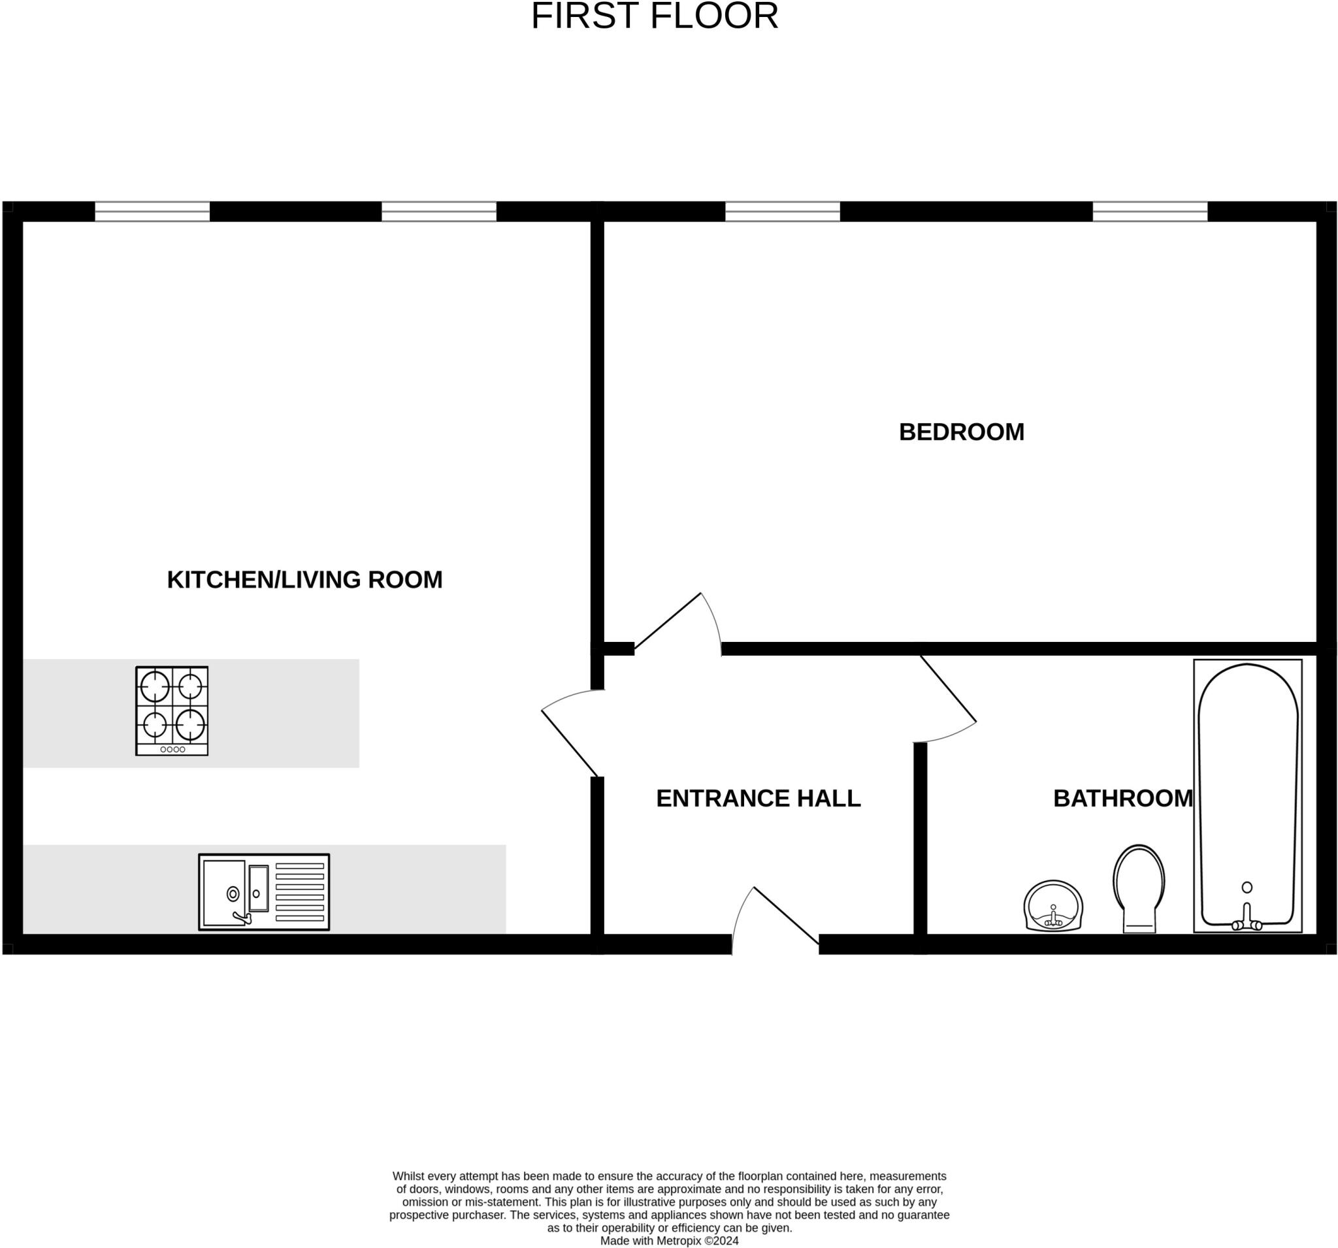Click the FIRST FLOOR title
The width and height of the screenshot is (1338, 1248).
(654, 17)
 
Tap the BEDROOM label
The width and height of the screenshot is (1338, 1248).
(961, 432)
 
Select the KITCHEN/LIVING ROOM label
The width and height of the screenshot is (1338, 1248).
(304, 580)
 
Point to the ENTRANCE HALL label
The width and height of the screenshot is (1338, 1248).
(758, 799)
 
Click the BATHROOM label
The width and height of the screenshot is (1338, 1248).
(1122, 799)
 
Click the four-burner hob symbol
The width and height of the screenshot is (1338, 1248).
(172, 711)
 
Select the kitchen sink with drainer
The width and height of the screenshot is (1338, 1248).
(264, 892)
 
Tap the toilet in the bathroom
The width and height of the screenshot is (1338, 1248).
(1139, 888)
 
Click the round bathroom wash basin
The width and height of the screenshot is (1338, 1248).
(1053, 906)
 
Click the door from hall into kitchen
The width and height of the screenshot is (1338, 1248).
(571, 733)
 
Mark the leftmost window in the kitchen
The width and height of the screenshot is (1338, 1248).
(152, 211)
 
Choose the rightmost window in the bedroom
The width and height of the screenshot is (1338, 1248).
(1150, 211)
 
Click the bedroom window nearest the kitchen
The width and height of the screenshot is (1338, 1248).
(782, 211)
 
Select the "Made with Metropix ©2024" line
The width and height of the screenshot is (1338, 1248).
(669, 1241)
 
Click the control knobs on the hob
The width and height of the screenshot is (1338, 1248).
(172, 750)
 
